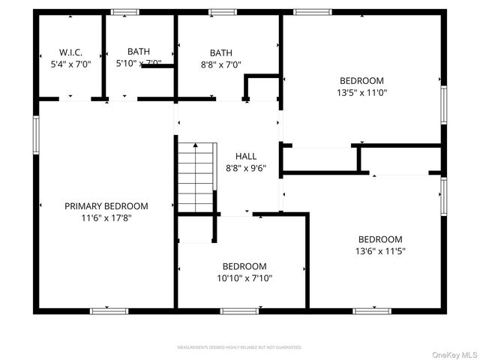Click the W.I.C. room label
click(x=70, y=52)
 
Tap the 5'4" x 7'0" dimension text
click(x=70, y=64)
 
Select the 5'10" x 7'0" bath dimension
click(x=138, y=64)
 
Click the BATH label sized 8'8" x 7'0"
click(x=221, y=52)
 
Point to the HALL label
click(x=246, y=156)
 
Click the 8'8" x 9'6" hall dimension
click(x=246, y=168)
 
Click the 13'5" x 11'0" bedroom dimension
click(x=361, y=93)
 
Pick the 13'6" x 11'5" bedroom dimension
click(x=380, y=251)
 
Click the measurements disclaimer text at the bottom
click(x=239, y=347)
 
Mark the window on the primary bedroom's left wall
click(x=35, y=135)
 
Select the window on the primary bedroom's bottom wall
click(x=108, y=310)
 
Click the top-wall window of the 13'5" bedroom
click(x=312, y=12)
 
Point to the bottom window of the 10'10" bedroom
click(x=239, y=310)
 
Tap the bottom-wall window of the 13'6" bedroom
click(x=372, y=310)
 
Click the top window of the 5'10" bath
click(x=124, y=12)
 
